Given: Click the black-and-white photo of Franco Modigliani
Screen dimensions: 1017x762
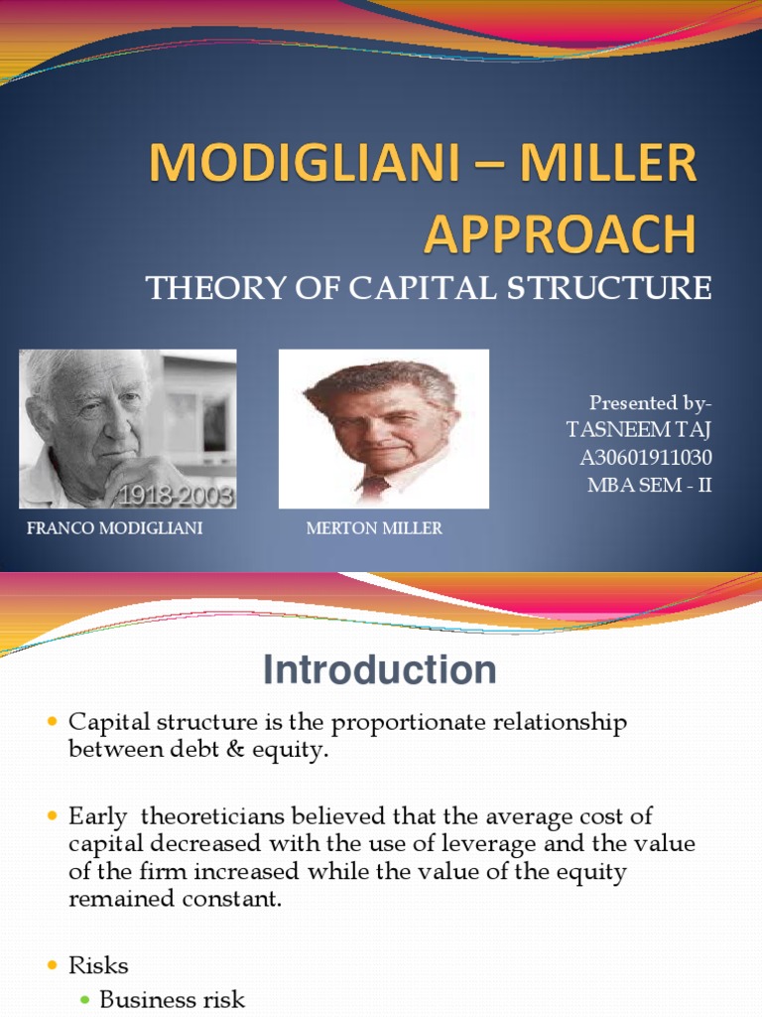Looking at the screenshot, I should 127,428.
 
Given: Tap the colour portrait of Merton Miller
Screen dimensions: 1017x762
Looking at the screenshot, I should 383,428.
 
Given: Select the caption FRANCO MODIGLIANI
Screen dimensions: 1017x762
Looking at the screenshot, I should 115,528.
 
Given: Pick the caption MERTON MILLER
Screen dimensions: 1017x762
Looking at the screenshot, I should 374,528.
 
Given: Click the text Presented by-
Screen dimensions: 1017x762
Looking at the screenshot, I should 651,403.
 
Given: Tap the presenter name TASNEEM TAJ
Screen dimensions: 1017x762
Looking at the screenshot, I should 638,430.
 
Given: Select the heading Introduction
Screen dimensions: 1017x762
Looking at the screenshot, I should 379,671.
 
